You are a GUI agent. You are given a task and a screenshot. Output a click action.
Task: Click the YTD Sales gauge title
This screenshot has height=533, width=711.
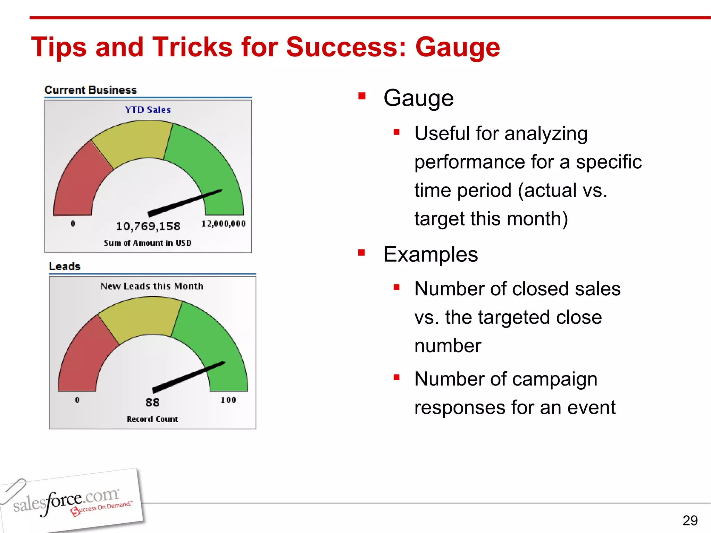coord(148,110)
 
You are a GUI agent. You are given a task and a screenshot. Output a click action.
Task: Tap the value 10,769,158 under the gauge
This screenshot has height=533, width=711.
coord(148,226)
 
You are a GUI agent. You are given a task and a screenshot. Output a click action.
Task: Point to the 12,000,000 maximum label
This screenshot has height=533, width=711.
coord(224,224)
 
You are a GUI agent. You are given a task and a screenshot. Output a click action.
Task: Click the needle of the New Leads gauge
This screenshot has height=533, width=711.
coord(189,377)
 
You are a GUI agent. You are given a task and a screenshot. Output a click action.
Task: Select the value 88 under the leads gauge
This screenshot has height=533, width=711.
coord(152,403)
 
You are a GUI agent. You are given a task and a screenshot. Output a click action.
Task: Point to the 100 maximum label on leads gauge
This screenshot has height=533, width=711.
coord(228,400)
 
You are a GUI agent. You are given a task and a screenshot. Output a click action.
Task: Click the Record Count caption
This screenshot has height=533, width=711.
coord(152,419)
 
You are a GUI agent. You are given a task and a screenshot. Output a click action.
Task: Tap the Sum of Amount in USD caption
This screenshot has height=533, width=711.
coord(148,243)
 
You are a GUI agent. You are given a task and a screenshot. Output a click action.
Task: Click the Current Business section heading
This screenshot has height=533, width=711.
coord(91,90)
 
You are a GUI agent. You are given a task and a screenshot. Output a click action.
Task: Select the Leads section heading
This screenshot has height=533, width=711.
coord(65,266)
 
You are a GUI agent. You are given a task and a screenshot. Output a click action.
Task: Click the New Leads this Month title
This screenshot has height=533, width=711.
coord(152,286)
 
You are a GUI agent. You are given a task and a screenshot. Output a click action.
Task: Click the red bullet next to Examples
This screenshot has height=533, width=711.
coord(362,253)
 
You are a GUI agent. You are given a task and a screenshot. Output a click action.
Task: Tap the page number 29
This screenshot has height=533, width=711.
coord(690,521)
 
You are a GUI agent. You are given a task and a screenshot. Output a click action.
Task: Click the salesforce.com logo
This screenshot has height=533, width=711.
coord(69,501)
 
